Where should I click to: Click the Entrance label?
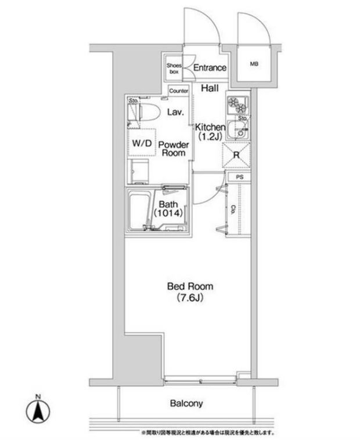[210, 68]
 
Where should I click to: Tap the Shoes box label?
[174, 68]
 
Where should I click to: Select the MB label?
[254, 64]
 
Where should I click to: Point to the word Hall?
[210, 88]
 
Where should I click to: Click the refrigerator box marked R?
[237, 155]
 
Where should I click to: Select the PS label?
[239, 176]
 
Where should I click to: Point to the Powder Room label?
[172, 149]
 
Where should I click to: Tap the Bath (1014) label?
[168, 208]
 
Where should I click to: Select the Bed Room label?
[190, 286]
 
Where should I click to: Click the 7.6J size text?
[190, 298]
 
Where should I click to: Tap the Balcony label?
[186, 403]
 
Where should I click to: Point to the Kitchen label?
[209, 127]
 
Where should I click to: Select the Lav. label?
[175, 113]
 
